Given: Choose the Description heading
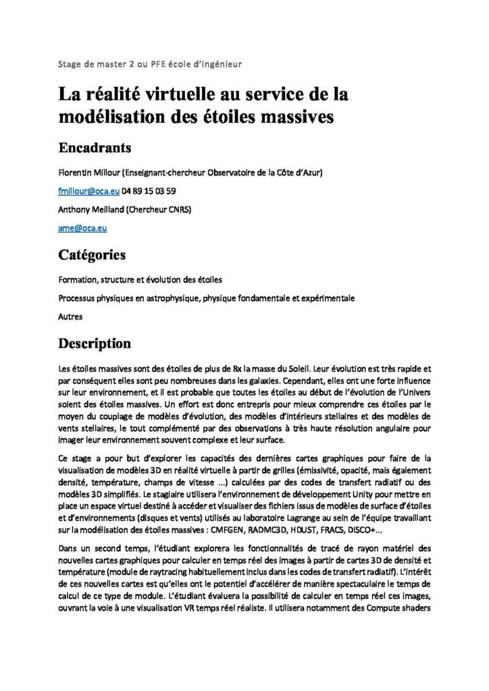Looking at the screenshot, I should click(x=95, y=343).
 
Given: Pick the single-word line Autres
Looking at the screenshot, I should click(x=70, y=315).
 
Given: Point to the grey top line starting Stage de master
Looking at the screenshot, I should click(x=150, y=64).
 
